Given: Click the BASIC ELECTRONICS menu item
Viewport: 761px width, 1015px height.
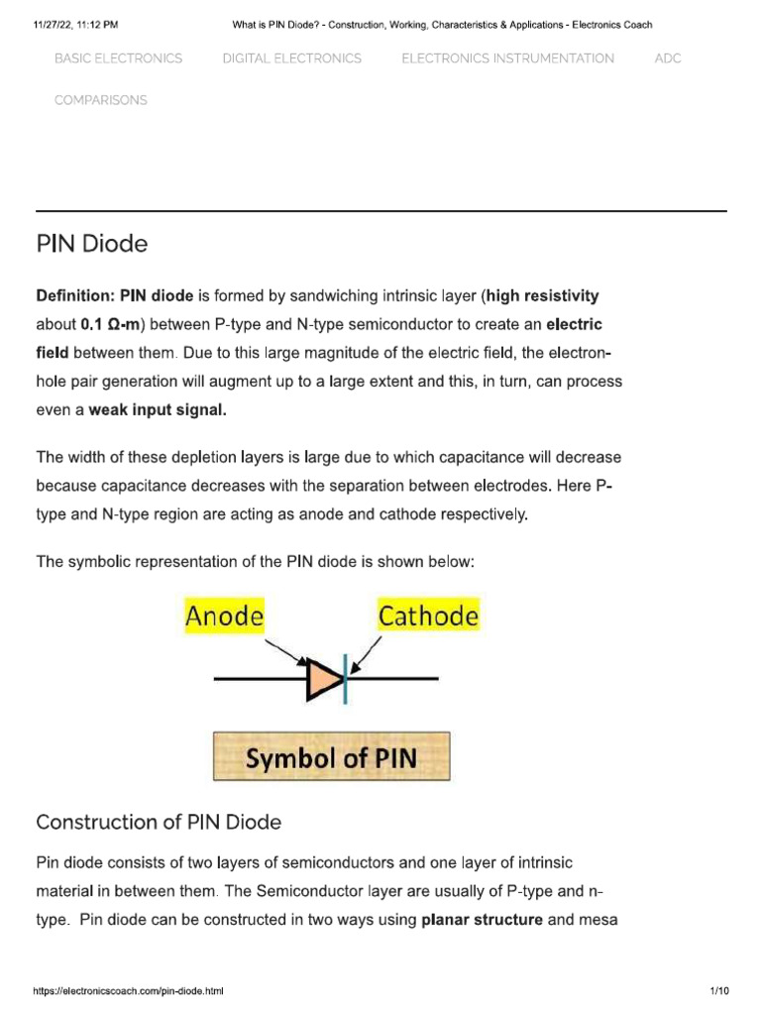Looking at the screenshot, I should [118, 58].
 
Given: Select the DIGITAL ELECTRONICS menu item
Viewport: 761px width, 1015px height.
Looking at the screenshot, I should [292, 58].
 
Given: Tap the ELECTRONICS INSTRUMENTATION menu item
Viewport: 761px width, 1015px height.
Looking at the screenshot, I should [507, 58].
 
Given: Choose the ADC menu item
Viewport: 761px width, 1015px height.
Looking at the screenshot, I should [668, 58].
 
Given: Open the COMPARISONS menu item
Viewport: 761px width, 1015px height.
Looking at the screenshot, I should [100, 100].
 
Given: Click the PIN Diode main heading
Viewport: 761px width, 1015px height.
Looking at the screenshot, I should [92, 244].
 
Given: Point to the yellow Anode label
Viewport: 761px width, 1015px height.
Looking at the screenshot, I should [225, 617].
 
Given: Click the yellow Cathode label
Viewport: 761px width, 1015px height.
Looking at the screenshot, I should [428, 617].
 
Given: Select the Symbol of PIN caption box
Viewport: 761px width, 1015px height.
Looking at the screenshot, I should [331, 757].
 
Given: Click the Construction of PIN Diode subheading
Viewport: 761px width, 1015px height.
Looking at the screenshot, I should [159, 823].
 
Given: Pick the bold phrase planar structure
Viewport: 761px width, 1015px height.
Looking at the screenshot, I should [482, 920].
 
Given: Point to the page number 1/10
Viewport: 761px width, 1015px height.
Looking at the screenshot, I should [719, 992].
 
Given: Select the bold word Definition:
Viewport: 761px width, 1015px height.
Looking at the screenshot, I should [76, 296].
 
